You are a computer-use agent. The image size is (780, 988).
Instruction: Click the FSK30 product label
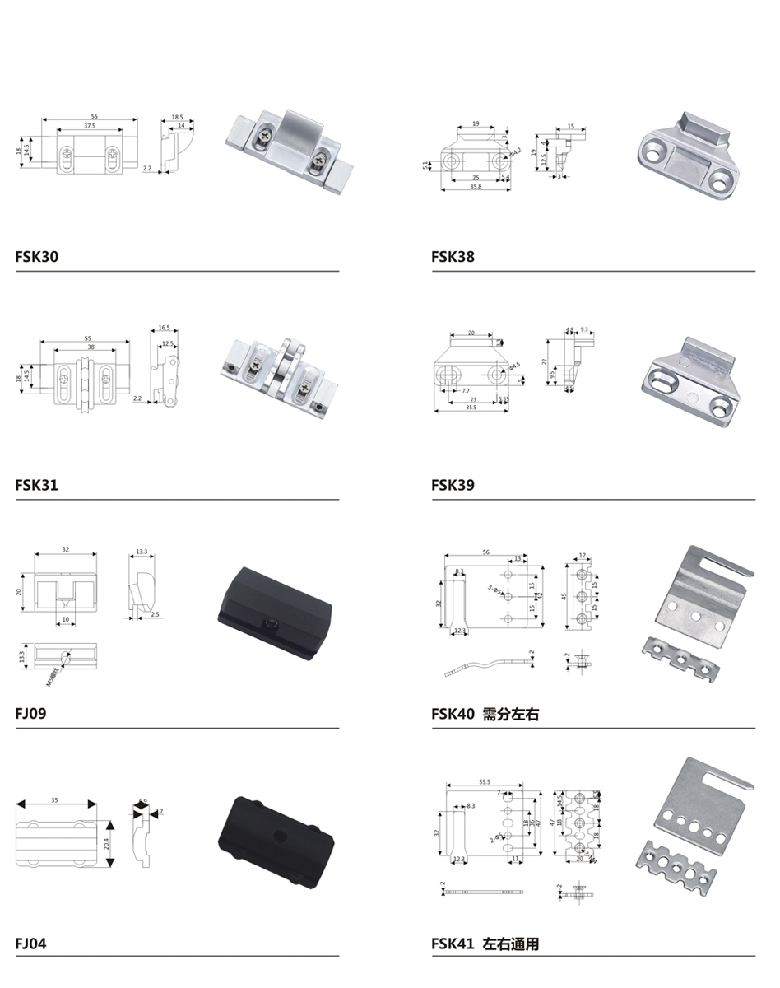[x=37, y=257]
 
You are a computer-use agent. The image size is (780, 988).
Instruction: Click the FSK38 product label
[x=453, y=257]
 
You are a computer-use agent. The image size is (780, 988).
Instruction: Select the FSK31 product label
[x=37, y=485]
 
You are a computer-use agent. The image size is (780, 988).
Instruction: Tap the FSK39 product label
[x=453, y=485]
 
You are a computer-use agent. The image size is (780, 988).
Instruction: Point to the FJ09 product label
[x=30, y=713]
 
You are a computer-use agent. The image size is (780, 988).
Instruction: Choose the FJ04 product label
[x=30, y=943]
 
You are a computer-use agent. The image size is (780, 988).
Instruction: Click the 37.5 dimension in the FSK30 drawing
[x=89, y=126]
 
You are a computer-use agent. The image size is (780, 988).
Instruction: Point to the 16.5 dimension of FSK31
[x=165, y=328]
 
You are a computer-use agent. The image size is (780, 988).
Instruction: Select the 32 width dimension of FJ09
[x=65, y=548]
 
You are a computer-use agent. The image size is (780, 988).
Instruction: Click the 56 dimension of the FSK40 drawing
[x=486, y=552]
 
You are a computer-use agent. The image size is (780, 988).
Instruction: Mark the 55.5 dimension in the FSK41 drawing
[x=484, y=781]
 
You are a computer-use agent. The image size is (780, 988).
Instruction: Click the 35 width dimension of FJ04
[x=54, y=799]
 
